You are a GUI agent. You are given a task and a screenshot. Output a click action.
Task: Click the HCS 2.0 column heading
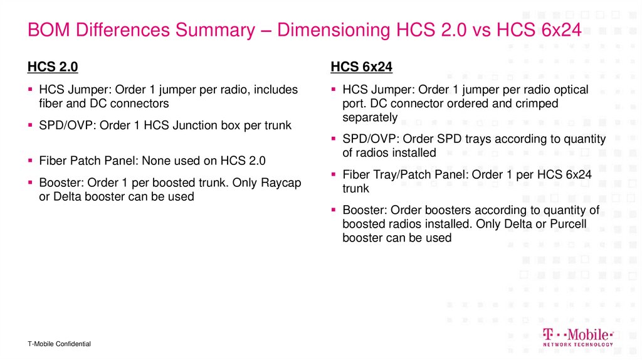point(53,67)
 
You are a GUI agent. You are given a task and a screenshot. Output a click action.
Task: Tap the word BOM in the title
point(47,29)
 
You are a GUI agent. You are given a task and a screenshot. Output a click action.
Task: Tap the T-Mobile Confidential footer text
point(59,344)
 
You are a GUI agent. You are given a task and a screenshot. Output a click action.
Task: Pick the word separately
point(370,117)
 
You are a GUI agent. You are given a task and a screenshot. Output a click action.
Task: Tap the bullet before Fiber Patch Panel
point(30,161)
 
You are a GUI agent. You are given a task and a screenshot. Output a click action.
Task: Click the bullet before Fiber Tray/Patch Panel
point(334,175)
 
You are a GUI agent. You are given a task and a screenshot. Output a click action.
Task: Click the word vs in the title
point(481,29)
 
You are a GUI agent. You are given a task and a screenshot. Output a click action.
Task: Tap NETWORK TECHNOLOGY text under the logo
point(577,344)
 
